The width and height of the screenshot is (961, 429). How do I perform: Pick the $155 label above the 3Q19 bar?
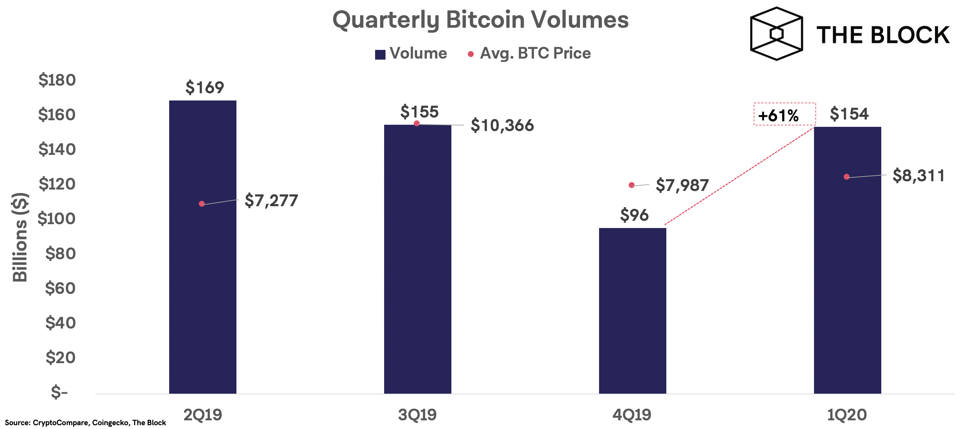(x=419, y=112)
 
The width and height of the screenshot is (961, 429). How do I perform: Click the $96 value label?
(x=634, y=215)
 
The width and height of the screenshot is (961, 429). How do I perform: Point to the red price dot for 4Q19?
(x=631, y=185)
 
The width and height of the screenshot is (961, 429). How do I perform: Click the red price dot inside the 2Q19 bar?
(x=202, y=204)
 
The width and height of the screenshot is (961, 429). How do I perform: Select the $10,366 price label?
(x=502, y=125)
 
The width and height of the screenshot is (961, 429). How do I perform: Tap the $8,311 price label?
(x=918, y=175)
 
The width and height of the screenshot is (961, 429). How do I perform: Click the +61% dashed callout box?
(x=785, y=114)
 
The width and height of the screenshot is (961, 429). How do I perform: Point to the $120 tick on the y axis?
(x=57, y=184)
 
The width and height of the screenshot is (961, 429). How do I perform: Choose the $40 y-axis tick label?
(x=60, y=322)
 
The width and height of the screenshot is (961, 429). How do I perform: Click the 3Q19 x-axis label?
(x=417, y=414)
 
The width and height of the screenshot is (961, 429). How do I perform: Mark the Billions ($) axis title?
(x=20, y=237)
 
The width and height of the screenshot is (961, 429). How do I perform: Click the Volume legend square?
(x=380, y=54)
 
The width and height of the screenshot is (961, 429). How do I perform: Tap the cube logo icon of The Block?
(x=776, y=34)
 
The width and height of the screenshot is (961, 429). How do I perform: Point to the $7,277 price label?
(x=271, y=201)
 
